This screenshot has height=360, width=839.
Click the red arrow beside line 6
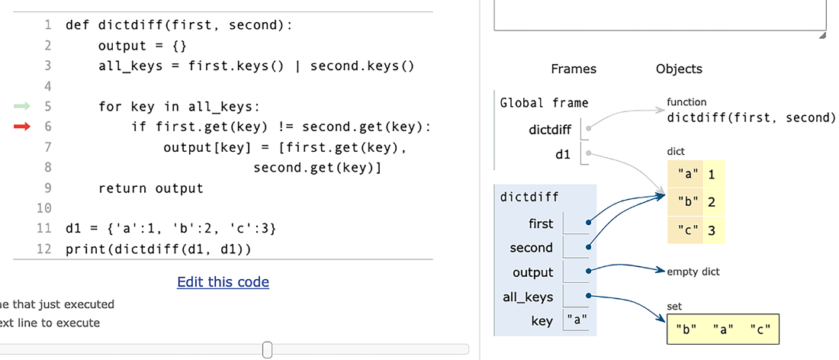click(x=22, y=127)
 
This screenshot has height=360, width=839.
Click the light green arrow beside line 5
click(x=22, y=107)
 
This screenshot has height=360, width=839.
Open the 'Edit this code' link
click(x=223, y=282)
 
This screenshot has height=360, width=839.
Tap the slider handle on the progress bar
click(x=268, y=350)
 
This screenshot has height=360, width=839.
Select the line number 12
click(x=44, y=249)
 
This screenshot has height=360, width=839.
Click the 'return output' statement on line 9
click(x=151, y=188)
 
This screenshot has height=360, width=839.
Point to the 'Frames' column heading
click(x=574, y=69)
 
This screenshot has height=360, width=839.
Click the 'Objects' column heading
click(x=679, y=69)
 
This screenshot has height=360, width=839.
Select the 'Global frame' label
click(x=544, y=103)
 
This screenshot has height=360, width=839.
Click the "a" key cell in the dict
click(x=686, y=174)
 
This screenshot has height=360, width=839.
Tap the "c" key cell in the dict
click(x=686, y=230)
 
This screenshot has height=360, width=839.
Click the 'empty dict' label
click(x=693, y=272)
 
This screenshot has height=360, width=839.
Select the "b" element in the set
click(x=686, y=329)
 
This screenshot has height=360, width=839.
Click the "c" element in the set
click(x=760, y=329)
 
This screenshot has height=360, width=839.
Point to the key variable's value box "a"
click(x=577, y=320)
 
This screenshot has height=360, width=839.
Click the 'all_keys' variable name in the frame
click(x=528, y=297)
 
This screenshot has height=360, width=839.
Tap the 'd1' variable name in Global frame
click(x=563, y=155)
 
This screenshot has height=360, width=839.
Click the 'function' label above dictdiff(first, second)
click(x=686, y=101)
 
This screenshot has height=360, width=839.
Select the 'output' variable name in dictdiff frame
click(x=533, y=272)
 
